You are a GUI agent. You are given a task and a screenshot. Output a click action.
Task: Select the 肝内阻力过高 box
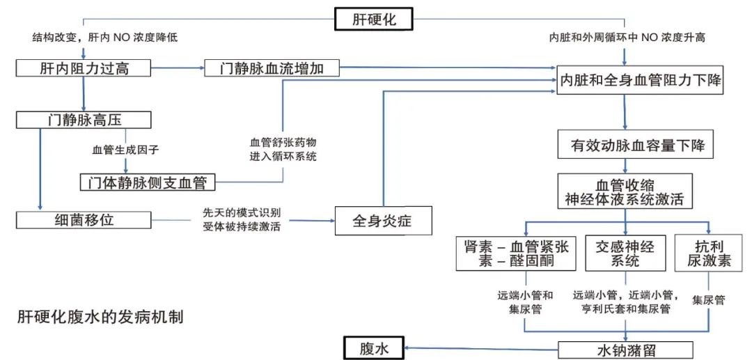pyautogui.click(x=83, y=68)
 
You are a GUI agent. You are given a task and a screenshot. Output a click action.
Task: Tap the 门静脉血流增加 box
pyautogui.click(x=272, y=68)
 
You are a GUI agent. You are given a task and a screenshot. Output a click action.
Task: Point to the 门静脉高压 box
pyautogui.click(x=83, y=119)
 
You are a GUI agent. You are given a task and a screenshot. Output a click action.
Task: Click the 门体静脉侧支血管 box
pyautogui.click(x=147, y=182)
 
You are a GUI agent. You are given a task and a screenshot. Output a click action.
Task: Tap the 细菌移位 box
pyautogui.click(x=83, y=220)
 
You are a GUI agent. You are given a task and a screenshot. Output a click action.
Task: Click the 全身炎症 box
pyautogui.click(x=383, y=220)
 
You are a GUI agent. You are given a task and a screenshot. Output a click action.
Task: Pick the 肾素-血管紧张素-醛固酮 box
pyautogui.click(x=516, y=253)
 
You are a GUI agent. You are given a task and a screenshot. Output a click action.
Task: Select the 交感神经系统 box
pyautogui.click(x=625, y=253)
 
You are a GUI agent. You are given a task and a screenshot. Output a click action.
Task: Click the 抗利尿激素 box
pyautogui.click(x=709, y=253)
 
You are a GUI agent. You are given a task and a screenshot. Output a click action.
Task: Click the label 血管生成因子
pyautogui.click(x=125, y=149)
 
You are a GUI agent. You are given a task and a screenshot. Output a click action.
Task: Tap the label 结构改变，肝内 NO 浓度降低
pyautogui.click(x=104, y=38)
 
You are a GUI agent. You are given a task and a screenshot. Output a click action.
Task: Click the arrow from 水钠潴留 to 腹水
pyautogui.click(x=480, y=349)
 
